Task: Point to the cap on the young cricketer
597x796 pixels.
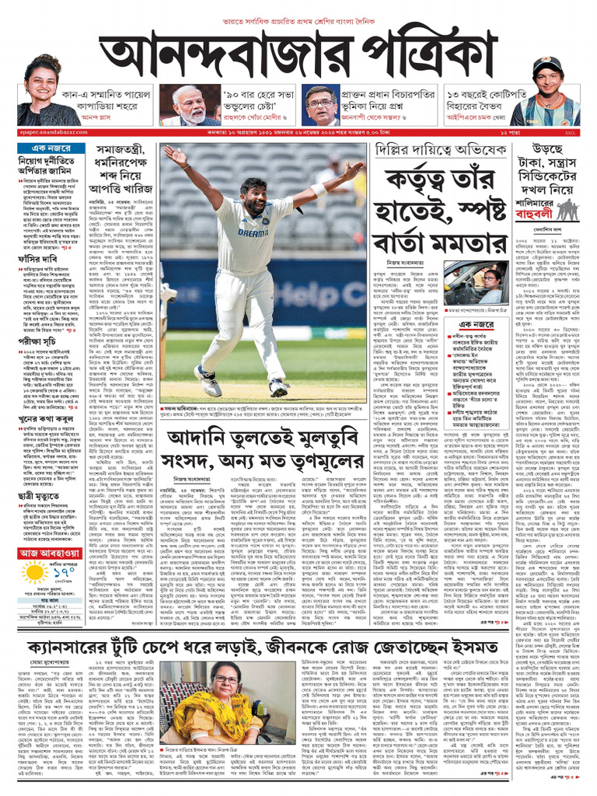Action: tap(548, 66)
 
